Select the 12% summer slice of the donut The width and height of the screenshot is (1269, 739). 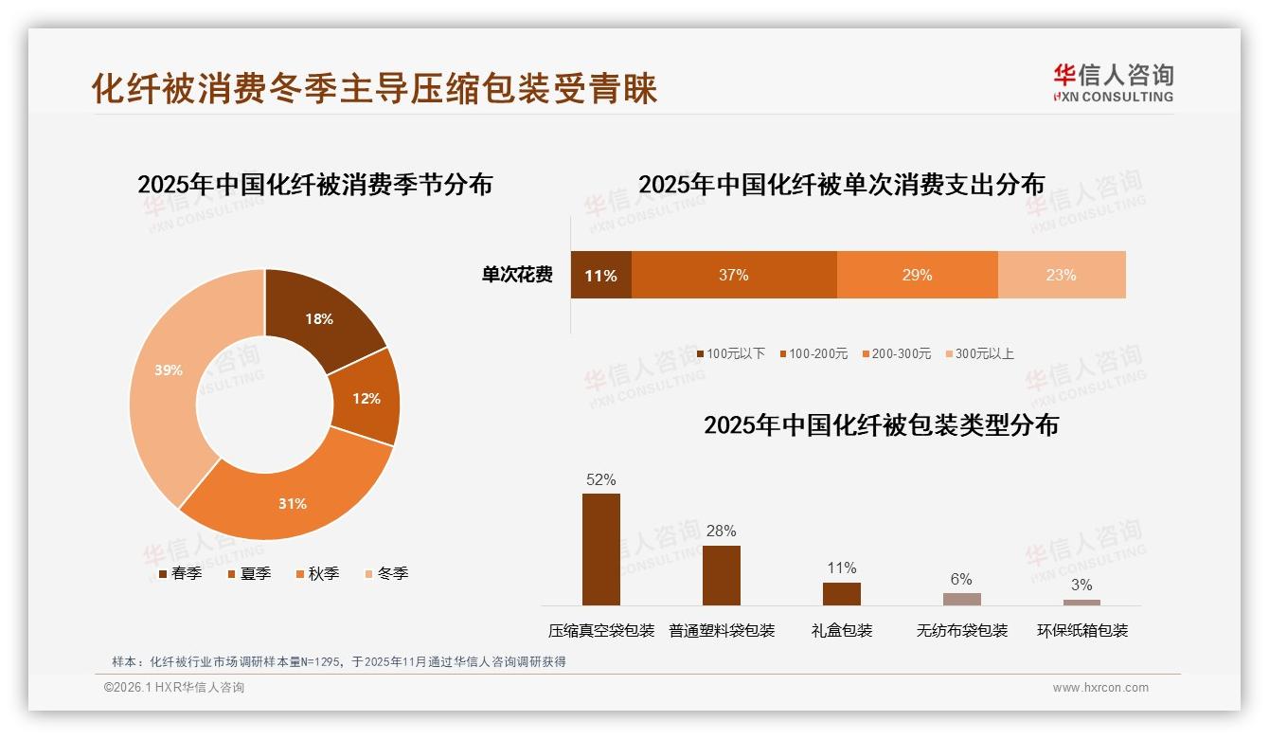click(x=366, y=398)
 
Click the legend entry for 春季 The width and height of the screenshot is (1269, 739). click(x=179, y=573)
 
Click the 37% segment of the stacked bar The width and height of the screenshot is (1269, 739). click(x=734, y=275)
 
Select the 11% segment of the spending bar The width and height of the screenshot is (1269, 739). click(x=600, y=275)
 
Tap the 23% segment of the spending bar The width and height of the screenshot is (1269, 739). click(x=1062, y=275)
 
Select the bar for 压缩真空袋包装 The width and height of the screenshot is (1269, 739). click(x=601, y=550)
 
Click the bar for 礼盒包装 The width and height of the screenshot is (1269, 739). click(x=842, y=594)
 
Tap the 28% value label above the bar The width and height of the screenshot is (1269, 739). click(x=722, y=531)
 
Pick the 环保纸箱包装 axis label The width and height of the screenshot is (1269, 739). click(x=1082, y=630)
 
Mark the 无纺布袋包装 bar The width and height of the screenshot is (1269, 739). click(x=962, y=599)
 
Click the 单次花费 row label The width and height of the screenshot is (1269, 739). click(x=517, y=275)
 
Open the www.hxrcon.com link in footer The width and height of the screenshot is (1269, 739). click(x=1100, y=688)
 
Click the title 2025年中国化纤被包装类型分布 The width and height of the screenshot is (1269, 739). click(x=881, y=424)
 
